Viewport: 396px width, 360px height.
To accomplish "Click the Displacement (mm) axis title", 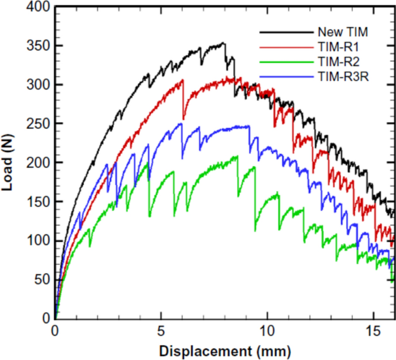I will point(225,351).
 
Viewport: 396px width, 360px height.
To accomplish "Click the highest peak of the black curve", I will point(224,43).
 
